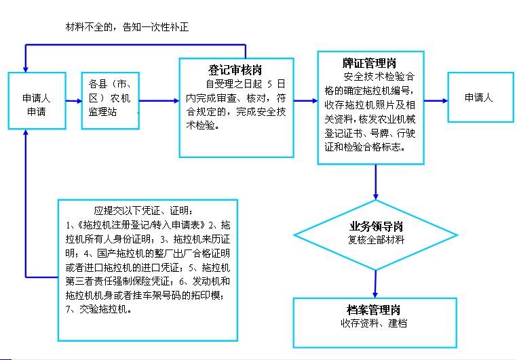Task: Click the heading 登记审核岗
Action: click(x=235, y=70)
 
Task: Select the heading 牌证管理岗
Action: click(x=369, y=62)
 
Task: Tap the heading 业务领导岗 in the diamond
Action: click(x=376, y=226)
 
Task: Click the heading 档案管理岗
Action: click(x=374, y=310)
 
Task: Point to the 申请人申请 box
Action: click(x=37, y=100)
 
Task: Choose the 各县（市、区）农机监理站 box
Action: click(x=111, y=100)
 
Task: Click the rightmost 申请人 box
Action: click(x=481, y=97)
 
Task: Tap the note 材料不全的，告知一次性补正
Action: click(x=128, y=27)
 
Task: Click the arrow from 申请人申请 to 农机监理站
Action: click(x=74, y=101)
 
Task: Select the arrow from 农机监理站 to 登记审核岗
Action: click(x=159, y=101)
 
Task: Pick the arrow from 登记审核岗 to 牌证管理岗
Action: click(x=305, y=101)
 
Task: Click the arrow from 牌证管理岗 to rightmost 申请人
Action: click(x=436, y=101)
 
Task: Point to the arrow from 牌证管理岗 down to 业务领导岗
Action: click(x=376, y=182)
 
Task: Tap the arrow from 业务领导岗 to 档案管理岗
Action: click(x=375, y=284)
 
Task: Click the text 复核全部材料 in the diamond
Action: click(x=376, y=240)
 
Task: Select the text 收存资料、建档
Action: click(x=374, y=323)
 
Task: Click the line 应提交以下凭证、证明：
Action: click(x=144, y=210)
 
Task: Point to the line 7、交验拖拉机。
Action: click(x=98, y=309)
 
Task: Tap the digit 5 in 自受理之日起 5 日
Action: click(x=270, y=84)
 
